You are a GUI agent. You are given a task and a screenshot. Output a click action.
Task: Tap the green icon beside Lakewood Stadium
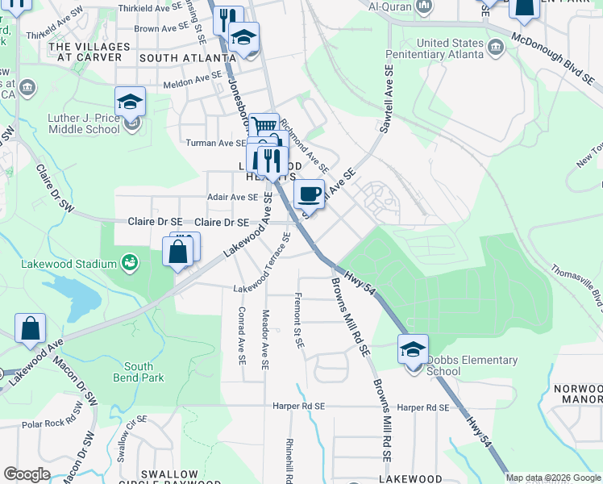click(128, 262)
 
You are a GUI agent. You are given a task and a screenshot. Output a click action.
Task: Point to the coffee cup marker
click(310, 194)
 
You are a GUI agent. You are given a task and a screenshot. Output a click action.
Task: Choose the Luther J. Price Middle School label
click(84, 123)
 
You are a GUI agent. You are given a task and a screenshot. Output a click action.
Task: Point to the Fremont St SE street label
click(299, 319)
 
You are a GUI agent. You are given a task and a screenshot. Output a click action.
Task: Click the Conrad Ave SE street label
click(242, 334)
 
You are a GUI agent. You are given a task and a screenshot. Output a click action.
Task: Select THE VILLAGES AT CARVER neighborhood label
click(86, 52)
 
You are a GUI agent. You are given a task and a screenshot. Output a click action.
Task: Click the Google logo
click(27, 474)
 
